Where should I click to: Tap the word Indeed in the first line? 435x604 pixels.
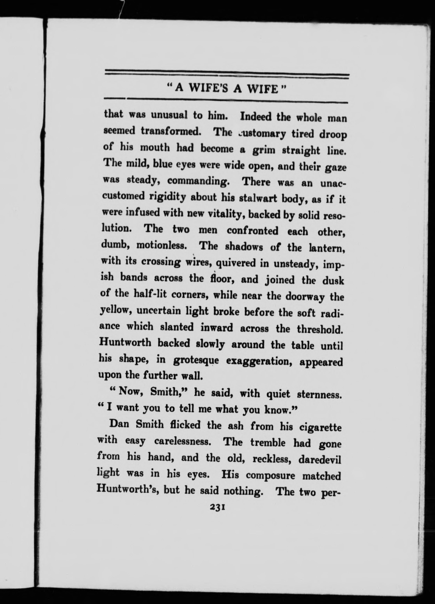coord(256,117)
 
